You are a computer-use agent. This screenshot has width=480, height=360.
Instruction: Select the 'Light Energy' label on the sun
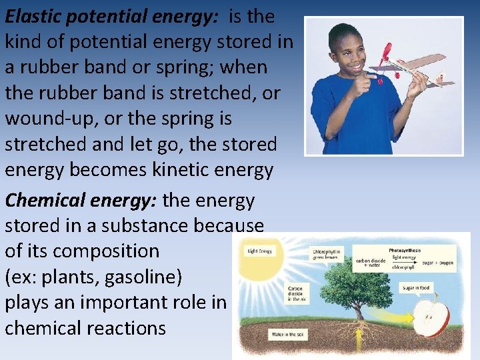coord(259,251)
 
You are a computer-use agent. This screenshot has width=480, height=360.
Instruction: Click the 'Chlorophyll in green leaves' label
coord(327,253)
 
